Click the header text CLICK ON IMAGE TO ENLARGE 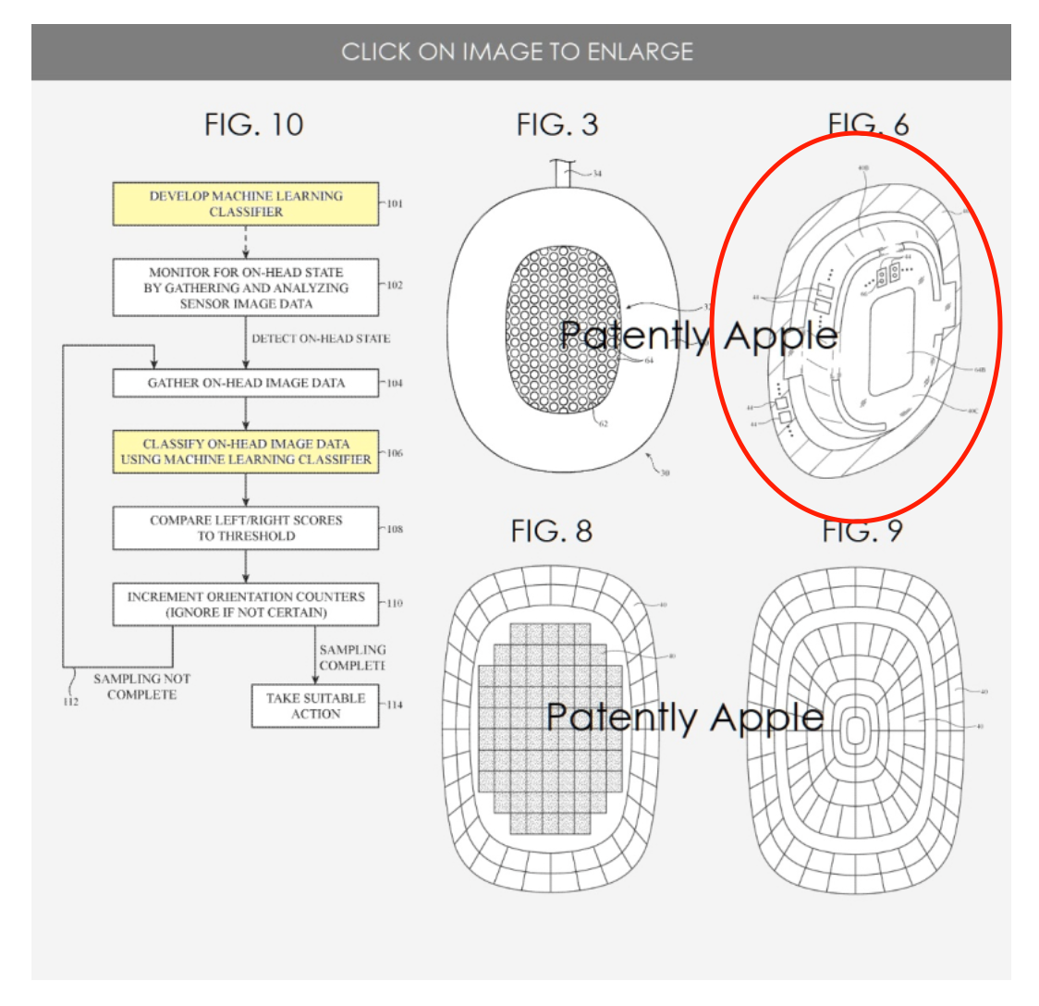click(517, 52)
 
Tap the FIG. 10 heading click(253, 125)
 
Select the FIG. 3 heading click(556, 125)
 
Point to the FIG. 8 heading click(551, 531)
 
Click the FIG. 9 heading click(862, 531)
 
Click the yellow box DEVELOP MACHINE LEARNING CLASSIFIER click(246, 204)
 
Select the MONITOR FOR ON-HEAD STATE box click(246, 288)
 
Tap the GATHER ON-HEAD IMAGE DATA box click(246, 383)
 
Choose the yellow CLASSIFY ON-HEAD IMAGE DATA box click(246, 451)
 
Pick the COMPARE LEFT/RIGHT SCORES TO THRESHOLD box click(246, 528)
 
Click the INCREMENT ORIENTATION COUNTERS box click(246, 605)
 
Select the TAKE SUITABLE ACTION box click(315, 705)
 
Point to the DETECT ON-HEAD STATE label click(321, 338)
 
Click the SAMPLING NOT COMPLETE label click(141, 687)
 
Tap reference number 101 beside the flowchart click(394, 203)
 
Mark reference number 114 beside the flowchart click(395, 705)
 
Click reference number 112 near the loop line click(71, 702)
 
